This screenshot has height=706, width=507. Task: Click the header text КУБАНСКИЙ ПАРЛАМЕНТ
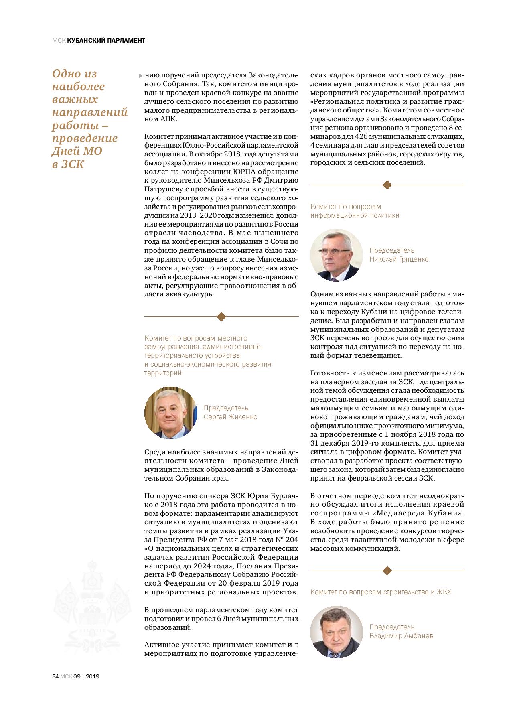[x=106, y=40]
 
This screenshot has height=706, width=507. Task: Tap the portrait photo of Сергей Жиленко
[x=170, y=413]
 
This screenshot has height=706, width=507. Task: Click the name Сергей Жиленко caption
[x=230, y=417]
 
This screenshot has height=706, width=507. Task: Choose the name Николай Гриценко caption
[x=399, y=259]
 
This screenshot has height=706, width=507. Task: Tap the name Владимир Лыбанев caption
[x=401, y=636]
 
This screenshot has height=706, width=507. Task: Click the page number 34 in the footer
[x=55, y=676]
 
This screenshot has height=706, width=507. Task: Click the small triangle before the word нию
[x=140, y=75]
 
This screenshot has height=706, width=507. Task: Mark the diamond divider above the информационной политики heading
[x=387, y=185]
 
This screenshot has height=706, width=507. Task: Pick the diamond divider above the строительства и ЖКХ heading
[x=387, y=570]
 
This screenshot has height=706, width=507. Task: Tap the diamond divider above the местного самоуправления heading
[x=221, y=316]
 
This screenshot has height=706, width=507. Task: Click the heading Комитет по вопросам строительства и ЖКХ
[x=380, y=592]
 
